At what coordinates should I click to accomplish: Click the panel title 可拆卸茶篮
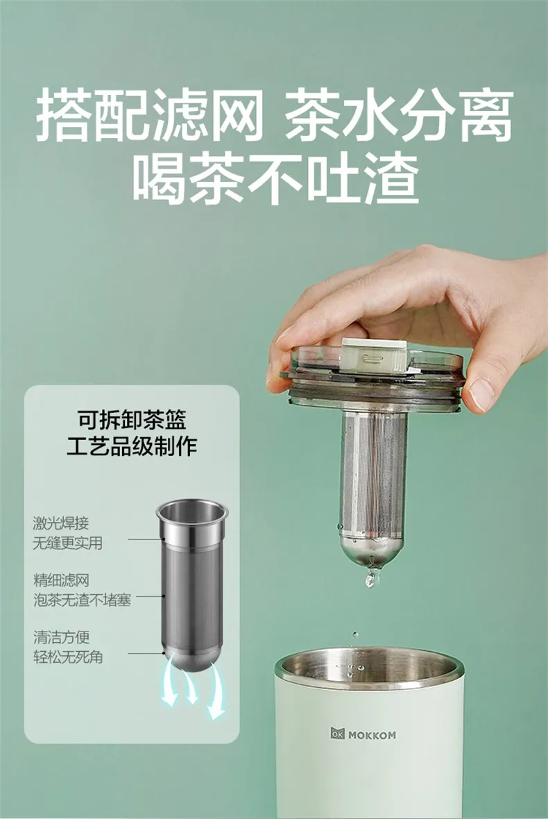(132, 420)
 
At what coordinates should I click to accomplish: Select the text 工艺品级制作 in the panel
(132, 446)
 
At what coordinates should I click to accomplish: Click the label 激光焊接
(61, 523)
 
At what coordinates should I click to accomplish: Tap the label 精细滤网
(61, 580)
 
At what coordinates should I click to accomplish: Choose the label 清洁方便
(61, 636)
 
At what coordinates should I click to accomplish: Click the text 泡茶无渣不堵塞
(82, 600)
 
